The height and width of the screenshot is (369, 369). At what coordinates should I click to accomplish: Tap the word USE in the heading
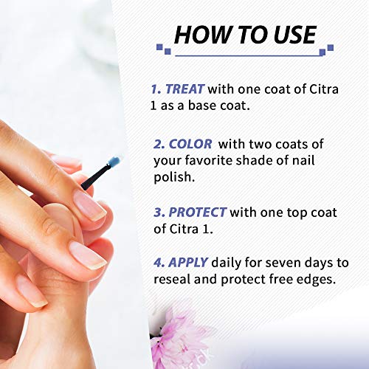pyautogui.click(x=294, y=35)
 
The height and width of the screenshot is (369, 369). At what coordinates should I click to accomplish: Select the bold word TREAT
pyautogui.click(x=184, y=89)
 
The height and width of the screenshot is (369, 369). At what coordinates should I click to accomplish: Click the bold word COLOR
pyautogui.click(x=190, y=144)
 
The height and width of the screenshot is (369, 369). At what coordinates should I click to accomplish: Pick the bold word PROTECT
pyautogui.click(x=197, y=213)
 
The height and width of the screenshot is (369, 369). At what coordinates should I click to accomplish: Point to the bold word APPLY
pyautogui.click(x=188, y=263)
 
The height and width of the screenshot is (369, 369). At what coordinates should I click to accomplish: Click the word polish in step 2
pyautogui.click(x=174, y=177)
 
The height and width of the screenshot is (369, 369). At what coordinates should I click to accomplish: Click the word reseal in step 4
pyautogui.click(x=172, y=279)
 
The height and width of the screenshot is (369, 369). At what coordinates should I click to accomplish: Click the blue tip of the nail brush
pyautogui.click(x=114, y=162)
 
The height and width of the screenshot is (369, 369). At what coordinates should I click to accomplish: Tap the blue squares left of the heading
pyautogui.click(x=164, y=49)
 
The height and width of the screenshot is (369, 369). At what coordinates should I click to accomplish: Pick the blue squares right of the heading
pyautogui.click(x=326, y=50)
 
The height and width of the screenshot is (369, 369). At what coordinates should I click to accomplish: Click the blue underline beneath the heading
pyautogui.click(x=249, y=56)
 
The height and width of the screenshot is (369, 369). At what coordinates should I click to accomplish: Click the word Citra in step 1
pyautogui.click(x=324, y=89)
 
